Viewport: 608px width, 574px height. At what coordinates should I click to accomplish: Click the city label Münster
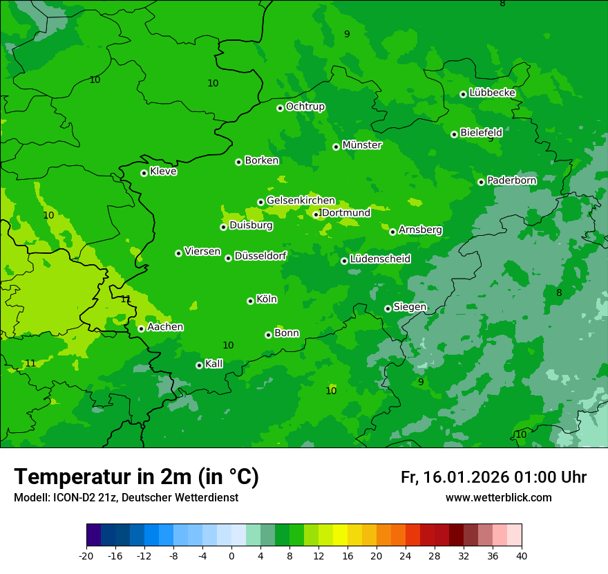(x=361, y=145)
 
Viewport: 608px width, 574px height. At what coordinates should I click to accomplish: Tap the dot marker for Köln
(x=250, y=301)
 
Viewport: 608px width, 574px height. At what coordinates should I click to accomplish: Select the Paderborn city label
(x=511, y=180)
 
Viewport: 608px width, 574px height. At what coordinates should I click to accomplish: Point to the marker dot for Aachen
(x=141, y=328)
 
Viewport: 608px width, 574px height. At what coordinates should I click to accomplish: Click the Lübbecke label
(x=492, y=93)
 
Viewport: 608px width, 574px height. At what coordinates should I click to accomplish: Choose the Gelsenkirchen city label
(x=301, y=201)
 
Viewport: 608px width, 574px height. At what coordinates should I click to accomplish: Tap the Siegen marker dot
(x=388, y=308)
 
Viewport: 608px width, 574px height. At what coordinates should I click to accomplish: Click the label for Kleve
(x=163, y=172)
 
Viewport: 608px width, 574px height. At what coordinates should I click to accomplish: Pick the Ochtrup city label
(x=305, y=107)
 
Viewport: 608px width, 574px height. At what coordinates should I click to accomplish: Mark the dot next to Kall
(x=199, y=365)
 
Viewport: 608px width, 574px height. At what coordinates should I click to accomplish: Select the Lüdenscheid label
(x=380, y=259)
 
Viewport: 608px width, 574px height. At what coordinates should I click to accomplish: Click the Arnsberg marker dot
(x=392, y=232)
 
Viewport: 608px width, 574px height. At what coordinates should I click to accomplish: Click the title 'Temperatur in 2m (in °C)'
(x=136, y=476)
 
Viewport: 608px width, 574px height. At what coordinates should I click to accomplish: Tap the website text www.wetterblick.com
(x=498, y=497)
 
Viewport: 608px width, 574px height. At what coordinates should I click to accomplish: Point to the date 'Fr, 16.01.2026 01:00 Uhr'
(x=493, y=477)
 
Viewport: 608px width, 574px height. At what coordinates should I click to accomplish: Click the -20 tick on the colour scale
(x=86, y=556)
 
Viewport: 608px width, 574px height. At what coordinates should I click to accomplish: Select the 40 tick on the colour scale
(x=521, y=556)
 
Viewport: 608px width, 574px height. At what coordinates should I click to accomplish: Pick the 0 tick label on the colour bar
(x=231, y=556)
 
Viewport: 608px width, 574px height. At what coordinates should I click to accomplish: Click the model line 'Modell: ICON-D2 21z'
(x=126, y=497)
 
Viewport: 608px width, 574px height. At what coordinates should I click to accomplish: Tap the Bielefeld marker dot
(x=454, y=134)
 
